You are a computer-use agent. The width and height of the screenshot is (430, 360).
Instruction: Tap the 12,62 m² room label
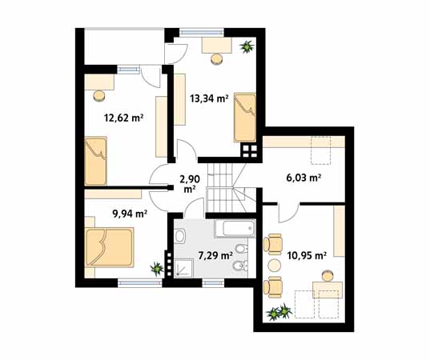click(x=123, y=118)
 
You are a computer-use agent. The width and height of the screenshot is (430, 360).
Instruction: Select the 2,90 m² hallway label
click(x=189, y=183)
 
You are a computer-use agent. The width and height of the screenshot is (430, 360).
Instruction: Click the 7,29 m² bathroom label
click(x=215, y=257)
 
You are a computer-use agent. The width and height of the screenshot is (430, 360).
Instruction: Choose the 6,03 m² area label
click(x=303, y=178)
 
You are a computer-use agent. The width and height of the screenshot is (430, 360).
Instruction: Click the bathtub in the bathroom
click(x=235, y=230)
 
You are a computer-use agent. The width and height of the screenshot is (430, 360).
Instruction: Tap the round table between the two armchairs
click(x=273, y=261)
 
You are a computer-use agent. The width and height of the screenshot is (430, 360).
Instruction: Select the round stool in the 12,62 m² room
click(x=99, y=95)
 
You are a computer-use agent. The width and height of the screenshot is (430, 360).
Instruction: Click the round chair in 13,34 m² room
click(x=216, y=58)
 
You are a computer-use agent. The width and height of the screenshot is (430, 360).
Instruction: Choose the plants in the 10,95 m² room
click(x=280, y=312)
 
